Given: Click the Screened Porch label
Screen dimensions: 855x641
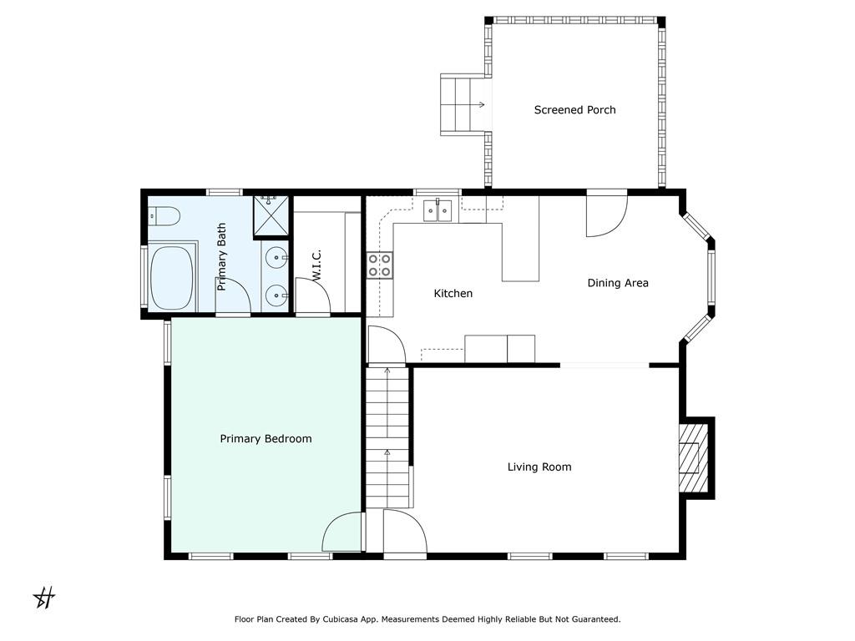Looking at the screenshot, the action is point(574,110).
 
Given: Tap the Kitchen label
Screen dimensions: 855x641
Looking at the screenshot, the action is point(453,293).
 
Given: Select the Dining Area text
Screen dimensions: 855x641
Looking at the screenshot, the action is point(618,283).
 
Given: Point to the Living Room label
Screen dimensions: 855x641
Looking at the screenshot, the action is point(539,467).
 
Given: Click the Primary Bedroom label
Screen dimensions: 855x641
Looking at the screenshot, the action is point(266,439).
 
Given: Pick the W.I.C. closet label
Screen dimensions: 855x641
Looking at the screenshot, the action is point(316,265).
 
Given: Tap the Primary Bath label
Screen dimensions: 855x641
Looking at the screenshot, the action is point(221,257).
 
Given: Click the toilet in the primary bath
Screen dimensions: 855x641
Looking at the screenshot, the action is point(164,216).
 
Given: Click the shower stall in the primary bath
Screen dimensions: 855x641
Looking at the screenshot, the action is point(271,216).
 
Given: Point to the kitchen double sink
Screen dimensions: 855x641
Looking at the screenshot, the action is point(438,211).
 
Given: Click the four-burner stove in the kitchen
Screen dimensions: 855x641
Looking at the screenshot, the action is point(380,265).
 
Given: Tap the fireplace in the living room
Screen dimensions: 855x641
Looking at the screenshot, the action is point(693,457).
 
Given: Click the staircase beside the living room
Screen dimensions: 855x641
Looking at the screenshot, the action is point(387,437).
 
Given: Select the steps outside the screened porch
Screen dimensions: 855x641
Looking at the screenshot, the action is point(463,104).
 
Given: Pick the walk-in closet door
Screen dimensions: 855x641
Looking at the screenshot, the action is point(312,295).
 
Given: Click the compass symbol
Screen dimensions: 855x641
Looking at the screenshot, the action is point(44,598).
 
